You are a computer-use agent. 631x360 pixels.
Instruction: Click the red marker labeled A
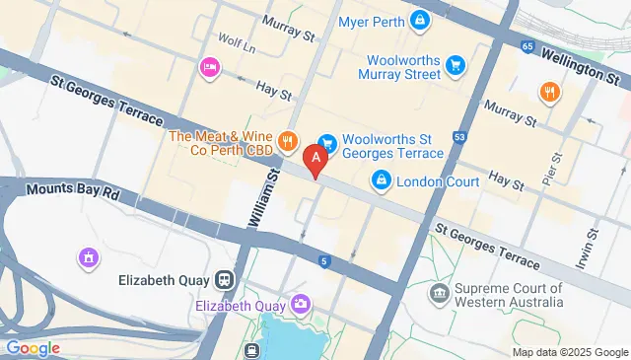click(315, 157)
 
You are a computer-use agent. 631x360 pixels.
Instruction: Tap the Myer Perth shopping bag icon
click(421, 20)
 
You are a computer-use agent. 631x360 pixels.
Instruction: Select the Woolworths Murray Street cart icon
click(456, 65)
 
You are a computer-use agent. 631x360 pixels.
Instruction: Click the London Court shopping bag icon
click(381, 181)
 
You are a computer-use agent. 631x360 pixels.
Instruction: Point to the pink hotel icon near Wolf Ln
click(209, 67)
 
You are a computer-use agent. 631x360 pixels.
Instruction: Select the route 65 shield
click(528, 46)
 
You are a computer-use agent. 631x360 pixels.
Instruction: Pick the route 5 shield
click(323, 260)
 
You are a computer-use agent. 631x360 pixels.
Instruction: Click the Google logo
click(33, 347)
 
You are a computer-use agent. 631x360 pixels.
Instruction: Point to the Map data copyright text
click(569, 352)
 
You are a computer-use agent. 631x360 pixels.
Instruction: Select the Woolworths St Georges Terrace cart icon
click(327, 144)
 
